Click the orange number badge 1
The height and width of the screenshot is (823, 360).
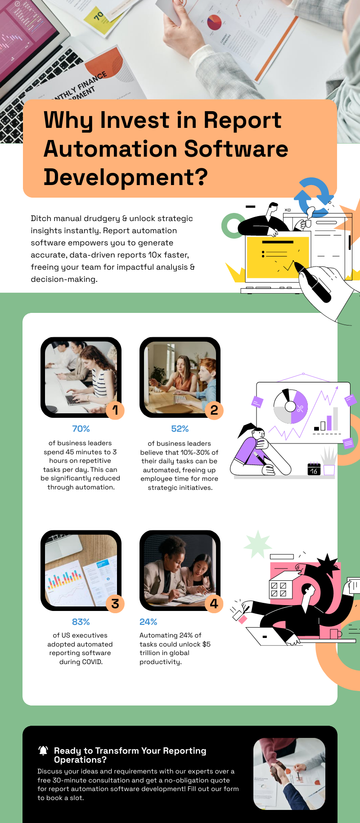[115, 410]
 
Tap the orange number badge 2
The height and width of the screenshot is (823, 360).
[214, 410]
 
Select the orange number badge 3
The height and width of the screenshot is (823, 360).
[115, 604]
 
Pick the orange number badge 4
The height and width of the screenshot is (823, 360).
[214, 604]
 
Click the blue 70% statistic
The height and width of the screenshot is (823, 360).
[81, 429]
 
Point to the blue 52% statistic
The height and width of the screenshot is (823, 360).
[180, 429]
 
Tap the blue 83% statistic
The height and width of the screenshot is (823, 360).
[81, 622]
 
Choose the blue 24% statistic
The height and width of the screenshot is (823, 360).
[148, 622]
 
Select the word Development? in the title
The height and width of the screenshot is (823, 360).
[126, 177]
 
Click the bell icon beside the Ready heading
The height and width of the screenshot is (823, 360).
[43, 751]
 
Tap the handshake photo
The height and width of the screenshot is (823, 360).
[289, 774]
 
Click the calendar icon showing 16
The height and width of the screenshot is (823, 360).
[314, 469]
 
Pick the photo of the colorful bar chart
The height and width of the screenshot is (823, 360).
[81, 570]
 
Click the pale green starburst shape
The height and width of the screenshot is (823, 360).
[258, 544]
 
